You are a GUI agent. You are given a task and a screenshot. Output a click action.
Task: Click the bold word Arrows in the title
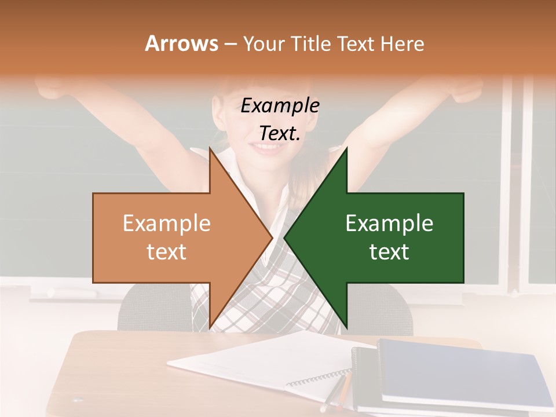pos(181,43)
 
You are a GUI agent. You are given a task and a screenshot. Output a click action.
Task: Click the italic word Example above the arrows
pos(280,105)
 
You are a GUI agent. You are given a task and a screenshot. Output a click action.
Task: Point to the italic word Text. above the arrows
pos(280,134)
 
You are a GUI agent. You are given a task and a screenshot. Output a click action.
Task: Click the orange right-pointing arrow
pos(174,237)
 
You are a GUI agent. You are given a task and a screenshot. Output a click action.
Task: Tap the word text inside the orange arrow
pos(166,252)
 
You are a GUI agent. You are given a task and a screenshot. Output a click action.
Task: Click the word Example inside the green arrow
pos(389,223)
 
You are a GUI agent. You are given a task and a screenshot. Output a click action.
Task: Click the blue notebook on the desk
pos(463,371)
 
